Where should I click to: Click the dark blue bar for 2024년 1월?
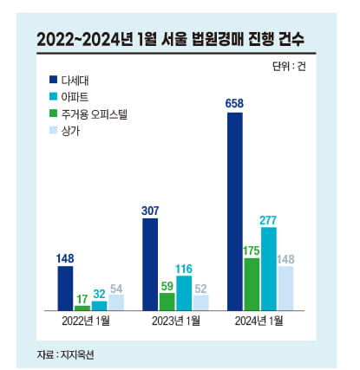point(234,211)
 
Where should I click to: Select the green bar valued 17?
point(82,308)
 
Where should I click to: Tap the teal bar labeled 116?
point(184,293)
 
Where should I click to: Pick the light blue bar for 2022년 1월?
point(116,302)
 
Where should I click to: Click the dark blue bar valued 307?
point(150,264)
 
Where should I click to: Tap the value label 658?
point(234,104)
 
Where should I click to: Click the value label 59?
point(167,283)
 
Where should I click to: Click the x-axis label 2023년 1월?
point(175,323)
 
